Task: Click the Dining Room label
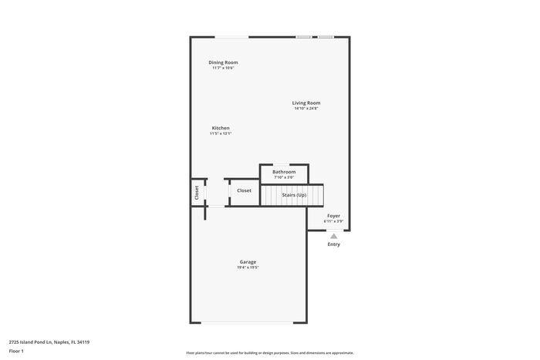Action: click(x=223, y=62)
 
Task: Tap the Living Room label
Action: click(x=305, y=103)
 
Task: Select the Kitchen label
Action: click(x=221, y=128)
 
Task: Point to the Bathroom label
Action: click(x=284, y=172)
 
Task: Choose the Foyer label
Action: click(x=333, y=216)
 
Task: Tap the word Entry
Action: click(x=333, y=244)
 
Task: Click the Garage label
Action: click(x=248, y=262)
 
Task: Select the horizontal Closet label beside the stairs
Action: click(x=244, y=190)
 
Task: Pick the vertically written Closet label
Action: click(x=197, y=193)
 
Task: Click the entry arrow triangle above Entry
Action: click(x=333, y=236)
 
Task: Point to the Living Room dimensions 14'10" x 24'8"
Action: click(x=305, y=109)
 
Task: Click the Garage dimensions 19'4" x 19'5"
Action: click(x=248, y=267)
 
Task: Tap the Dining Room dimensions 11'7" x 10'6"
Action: click(x=223, y=68)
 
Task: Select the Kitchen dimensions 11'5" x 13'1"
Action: click(x=221, y=133)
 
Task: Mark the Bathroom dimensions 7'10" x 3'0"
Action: click(x=284, y=177)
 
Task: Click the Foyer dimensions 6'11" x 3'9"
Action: click(x=333, y=221)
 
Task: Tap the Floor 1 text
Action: click(x=16, y=351)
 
